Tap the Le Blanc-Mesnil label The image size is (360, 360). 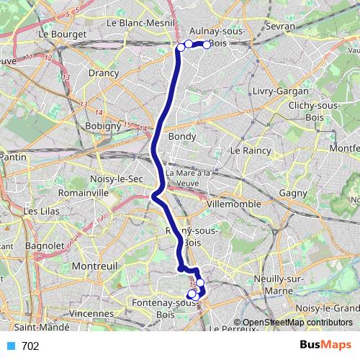click(141, 22)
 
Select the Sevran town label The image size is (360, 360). click(281, 26)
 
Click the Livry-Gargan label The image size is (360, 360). click(281, 91)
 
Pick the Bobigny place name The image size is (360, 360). click(102, 126)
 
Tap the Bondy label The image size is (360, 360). click(181, 135)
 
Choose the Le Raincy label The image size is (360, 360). click(250, 150)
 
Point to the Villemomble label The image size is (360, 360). click(233, 204)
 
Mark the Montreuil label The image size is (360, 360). click(95, 266)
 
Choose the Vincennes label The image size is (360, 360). click(92, 314)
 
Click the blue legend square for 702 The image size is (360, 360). click(11, 346)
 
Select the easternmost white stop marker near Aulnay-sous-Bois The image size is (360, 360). click(207, 45)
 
